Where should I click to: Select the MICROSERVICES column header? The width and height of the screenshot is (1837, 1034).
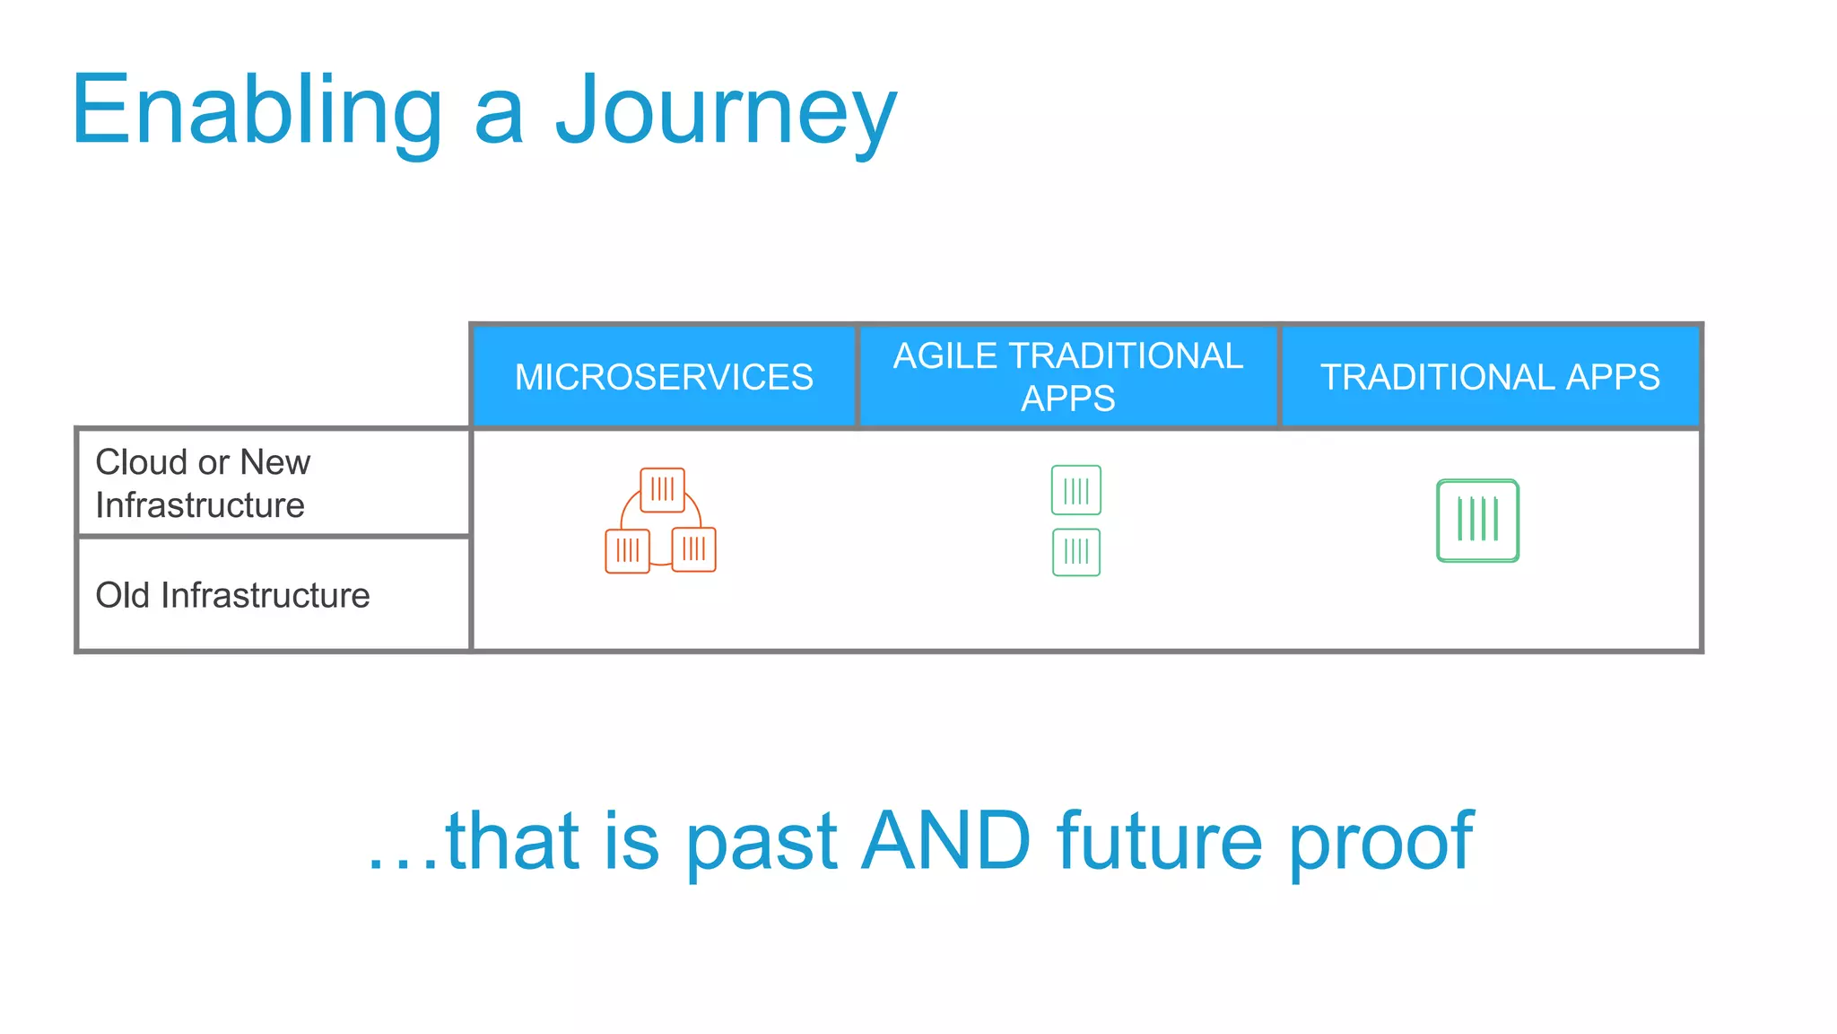(664, 377)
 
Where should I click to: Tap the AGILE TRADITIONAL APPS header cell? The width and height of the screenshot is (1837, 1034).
(1067, 377)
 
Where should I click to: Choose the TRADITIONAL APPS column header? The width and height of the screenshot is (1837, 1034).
(1490, 377)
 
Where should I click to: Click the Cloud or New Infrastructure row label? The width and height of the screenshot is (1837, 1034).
(203, 483)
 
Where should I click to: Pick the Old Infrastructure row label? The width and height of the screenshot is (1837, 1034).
(232, 595)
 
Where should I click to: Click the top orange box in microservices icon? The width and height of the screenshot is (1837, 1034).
(663, 489)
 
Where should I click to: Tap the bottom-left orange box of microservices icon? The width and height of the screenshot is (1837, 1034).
(627, 550)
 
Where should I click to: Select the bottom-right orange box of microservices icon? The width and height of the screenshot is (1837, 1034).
(693, 549)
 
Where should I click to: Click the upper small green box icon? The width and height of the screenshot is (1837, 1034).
(1075, 490)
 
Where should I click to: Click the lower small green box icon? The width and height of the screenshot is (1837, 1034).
(1075, 552)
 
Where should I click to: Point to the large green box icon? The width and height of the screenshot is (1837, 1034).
(1477, 521)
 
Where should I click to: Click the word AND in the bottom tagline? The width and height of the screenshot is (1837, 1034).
(945, 841)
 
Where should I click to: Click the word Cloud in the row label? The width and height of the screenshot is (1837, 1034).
(142, 462)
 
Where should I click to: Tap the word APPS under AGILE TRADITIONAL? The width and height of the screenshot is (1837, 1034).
(1067, 399)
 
